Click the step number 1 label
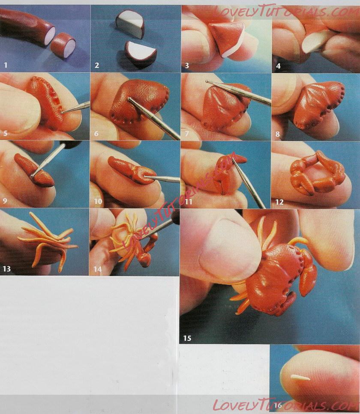click(x=6, y=65)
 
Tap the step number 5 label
click(x=6, y=133)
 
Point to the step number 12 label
click(x=279, y=202)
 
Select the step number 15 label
click(x=187, y=338)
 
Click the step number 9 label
click(x=5, y=201)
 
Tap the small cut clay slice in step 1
click(x=63, y=45)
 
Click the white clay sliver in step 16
click(x=300, y=378)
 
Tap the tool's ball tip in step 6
click(x=129, y=99)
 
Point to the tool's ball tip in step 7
click(x=207, y=82)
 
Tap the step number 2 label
click(x=97, y=65)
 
